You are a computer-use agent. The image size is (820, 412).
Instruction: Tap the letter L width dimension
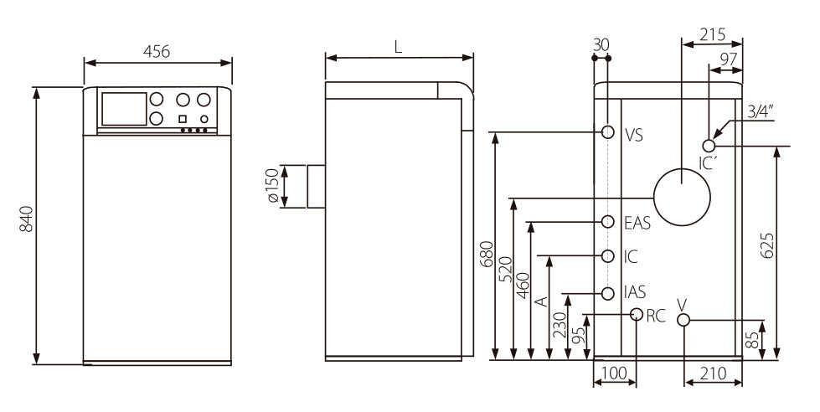[x=399, y=47]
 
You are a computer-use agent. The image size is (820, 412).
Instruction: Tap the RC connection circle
[x=637, y=315]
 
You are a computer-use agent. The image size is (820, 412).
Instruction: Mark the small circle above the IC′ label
[x=709, y=146]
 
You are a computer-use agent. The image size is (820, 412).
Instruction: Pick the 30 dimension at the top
[x=601, y=44]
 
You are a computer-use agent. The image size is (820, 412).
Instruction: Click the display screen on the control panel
[x=121, y=108]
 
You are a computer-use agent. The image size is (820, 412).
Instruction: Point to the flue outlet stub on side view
[x=316, y=186]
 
